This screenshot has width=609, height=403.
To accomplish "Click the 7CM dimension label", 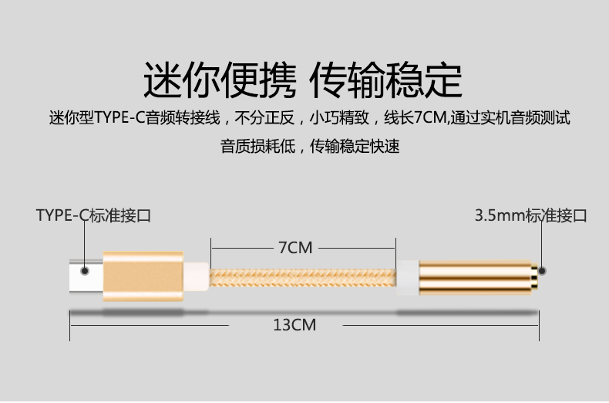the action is (295, 248).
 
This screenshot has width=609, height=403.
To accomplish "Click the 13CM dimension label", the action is (294, 325).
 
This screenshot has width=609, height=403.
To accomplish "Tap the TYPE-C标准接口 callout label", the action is (93, 215).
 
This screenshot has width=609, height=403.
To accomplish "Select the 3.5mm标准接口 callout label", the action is (530, 215).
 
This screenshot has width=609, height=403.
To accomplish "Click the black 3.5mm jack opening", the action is (542, 272).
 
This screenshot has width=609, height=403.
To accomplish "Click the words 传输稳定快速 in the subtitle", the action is (355, 146).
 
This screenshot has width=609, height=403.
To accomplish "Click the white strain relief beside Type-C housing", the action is (198, 275).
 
